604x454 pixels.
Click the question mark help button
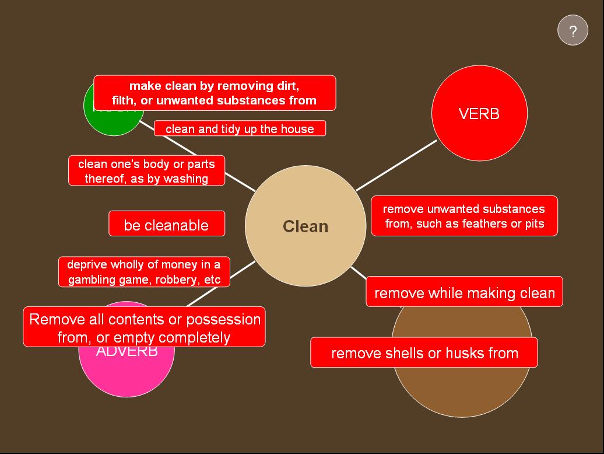573,30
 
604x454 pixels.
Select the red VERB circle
479,113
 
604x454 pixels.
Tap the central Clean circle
305,226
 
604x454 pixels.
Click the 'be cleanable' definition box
167,224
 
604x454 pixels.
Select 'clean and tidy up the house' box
240,128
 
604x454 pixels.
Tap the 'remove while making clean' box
464,292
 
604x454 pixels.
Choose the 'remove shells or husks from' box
424,352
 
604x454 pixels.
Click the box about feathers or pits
464,216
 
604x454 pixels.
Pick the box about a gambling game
144,272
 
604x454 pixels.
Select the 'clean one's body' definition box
146,171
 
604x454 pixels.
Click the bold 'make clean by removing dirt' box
215,93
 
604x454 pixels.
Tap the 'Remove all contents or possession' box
144,327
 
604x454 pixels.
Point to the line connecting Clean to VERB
396,165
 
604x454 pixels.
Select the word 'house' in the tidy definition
298,128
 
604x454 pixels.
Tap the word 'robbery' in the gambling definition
175,280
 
